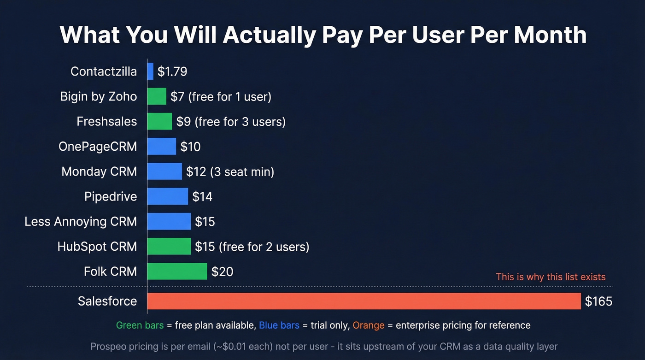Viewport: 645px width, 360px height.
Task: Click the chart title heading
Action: [x=322, y=35]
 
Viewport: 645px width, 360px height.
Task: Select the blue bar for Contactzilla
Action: [x=150, y=71]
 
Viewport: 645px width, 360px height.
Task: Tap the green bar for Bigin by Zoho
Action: [x=157, y=96]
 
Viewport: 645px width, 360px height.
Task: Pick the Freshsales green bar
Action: [x=159, y=121]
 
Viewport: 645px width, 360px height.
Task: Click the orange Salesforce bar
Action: [x=364, y=301]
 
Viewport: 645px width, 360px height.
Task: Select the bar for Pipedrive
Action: [x=168, y=196]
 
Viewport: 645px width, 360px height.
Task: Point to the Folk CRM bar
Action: [x=177, y=271]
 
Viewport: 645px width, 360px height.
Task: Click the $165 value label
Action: [x=598, y=301]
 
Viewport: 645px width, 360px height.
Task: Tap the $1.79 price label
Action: [x=172, y=71]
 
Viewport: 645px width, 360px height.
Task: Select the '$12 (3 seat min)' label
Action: [x=230, y=171]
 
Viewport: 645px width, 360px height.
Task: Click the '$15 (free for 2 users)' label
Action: [x=252, y=247]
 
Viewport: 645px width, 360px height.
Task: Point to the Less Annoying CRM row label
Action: [x=81, y=221]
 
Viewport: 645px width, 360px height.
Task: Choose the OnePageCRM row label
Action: [x=98, y=147]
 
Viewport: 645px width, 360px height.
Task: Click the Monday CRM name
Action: [x=99, y=171]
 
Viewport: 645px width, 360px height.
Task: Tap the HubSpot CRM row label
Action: [x=97, y=247]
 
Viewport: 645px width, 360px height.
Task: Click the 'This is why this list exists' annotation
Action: [x=551, y=277]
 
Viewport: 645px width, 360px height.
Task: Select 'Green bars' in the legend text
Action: [x=140, y=325]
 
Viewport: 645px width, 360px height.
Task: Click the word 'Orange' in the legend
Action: [x=368, y=325]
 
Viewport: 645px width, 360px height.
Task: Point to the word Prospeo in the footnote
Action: [x=108, y=346]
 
